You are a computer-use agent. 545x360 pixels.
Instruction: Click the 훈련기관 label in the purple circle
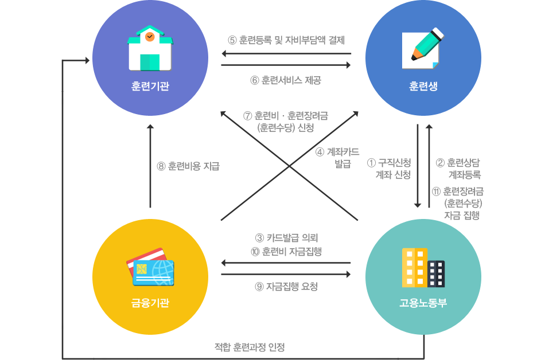tap(150, 87)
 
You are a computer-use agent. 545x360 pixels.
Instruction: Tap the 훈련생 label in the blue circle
tap(423, 87)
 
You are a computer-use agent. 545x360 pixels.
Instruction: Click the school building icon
tap(150, 48)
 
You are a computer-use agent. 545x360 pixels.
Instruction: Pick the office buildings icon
tap(423, 267)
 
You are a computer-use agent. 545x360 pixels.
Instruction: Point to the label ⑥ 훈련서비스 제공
tap(285, 80)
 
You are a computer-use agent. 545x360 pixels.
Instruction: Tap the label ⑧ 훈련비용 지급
tap(188, 167)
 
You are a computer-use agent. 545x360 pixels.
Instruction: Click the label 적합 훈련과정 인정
tap(250, 347)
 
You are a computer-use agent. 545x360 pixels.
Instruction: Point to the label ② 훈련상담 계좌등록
tap(458, 169)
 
